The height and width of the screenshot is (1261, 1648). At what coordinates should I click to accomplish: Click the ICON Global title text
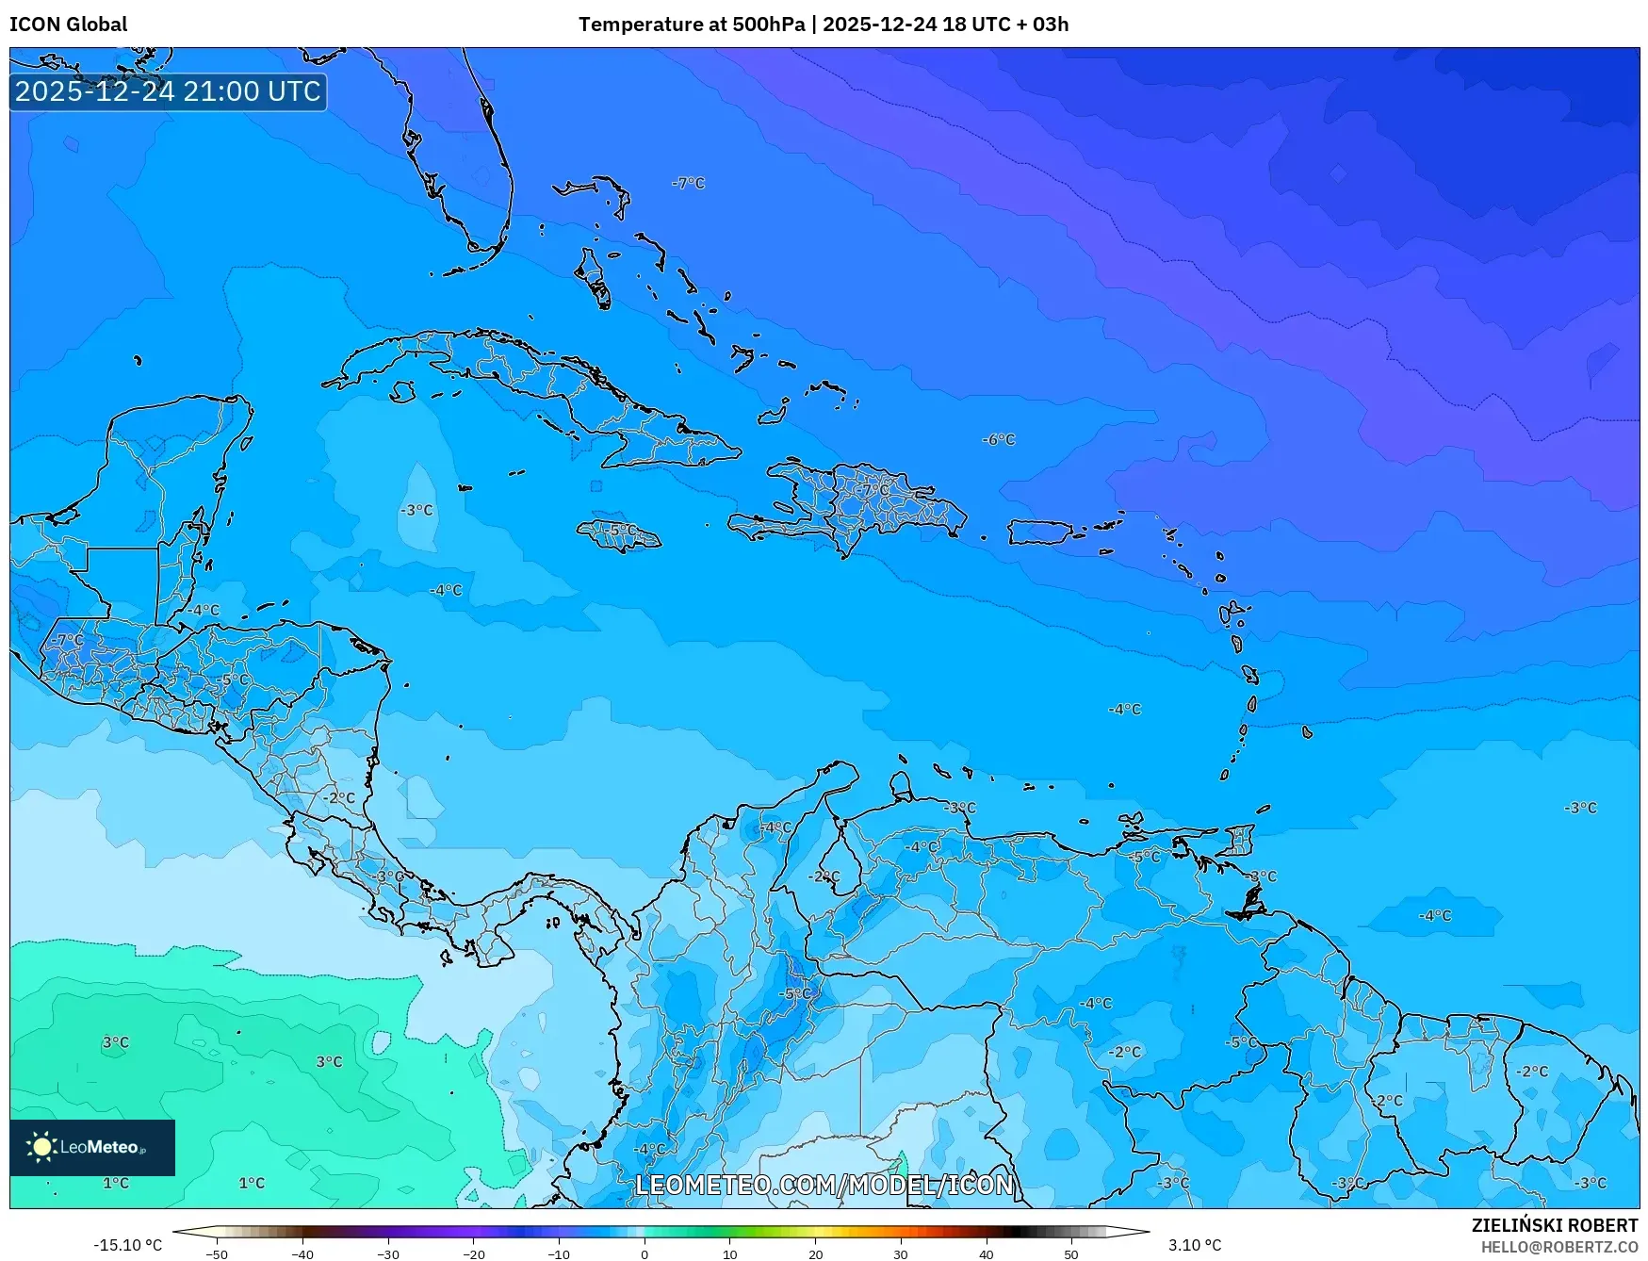[68, 25]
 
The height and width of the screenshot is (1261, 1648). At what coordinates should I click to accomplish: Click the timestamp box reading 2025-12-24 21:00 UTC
[168, 91]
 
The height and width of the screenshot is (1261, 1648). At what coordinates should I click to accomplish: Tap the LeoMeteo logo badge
[91, 1147]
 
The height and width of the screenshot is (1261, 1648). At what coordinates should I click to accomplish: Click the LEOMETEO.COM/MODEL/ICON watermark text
[824, 1185]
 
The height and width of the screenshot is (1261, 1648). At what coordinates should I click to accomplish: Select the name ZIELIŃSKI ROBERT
[1554, 1225]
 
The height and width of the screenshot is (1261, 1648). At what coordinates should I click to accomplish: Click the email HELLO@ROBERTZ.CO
[1558, 1247]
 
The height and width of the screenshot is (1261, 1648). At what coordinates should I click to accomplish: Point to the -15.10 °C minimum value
[127, 1245]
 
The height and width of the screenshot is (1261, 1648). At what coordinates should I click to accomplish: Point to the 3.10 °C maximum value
[1194, 1245]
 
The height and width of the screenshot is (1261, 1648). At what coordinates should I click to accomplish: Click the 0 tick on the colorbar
[645, 1254]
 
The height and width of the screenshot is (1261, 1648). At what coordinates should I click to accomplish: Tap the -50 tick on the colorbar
[217, 1254]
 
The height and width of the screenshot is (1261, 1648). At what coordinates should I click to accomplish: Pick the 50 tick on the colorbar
[1071, 1254]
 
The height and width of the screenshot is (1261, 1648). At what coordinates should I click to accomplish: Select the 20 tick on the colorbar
[815, 1254]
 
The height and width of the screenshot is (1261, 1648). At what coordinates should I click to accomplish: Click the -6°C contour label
[999, 439]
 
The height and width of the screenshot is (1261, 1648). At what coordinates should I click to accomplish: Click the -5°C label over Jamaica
[620, 531]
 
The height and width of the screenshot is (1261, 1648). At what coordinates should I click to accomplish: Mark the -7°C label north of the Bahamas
[688, 183]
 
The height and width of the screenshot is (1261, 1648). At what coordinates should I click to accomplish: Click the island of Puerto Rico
[1040, 532]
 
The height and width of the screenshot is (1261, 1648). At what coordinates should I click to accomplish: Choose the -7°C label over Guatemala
[67, 640]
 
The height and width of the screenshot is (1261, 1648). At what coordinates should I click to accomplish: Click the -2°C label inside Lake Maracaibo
[824, 876]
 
